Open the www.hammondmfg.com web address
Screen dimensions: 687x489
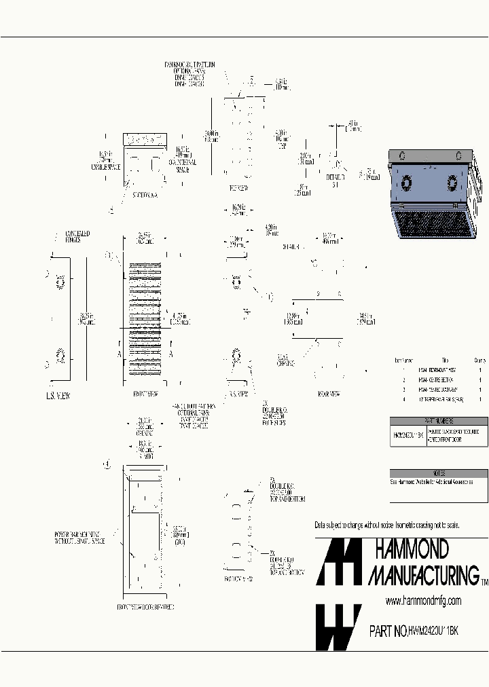click(x=423, y=601)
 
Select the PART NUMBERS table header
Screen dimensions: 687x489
click(x=439, y=421)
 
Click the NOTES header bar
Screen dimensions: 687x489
click(x=439, y=473)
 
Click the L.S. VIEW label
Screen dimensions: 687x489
click(x=58, y=395)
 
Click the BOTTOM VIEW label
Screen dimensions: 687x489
click(x=238, y=580)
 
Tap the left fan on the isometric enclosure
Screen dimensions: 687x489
click(x=405, y=184)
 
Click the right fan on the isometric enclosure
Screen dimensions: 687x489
click(x=452, y=184)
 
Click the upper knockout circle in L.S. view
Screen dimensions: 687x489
click(x=59, y=281)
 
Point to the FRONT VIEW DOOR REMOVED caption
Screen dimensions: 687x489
click(x=146, y=606)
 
